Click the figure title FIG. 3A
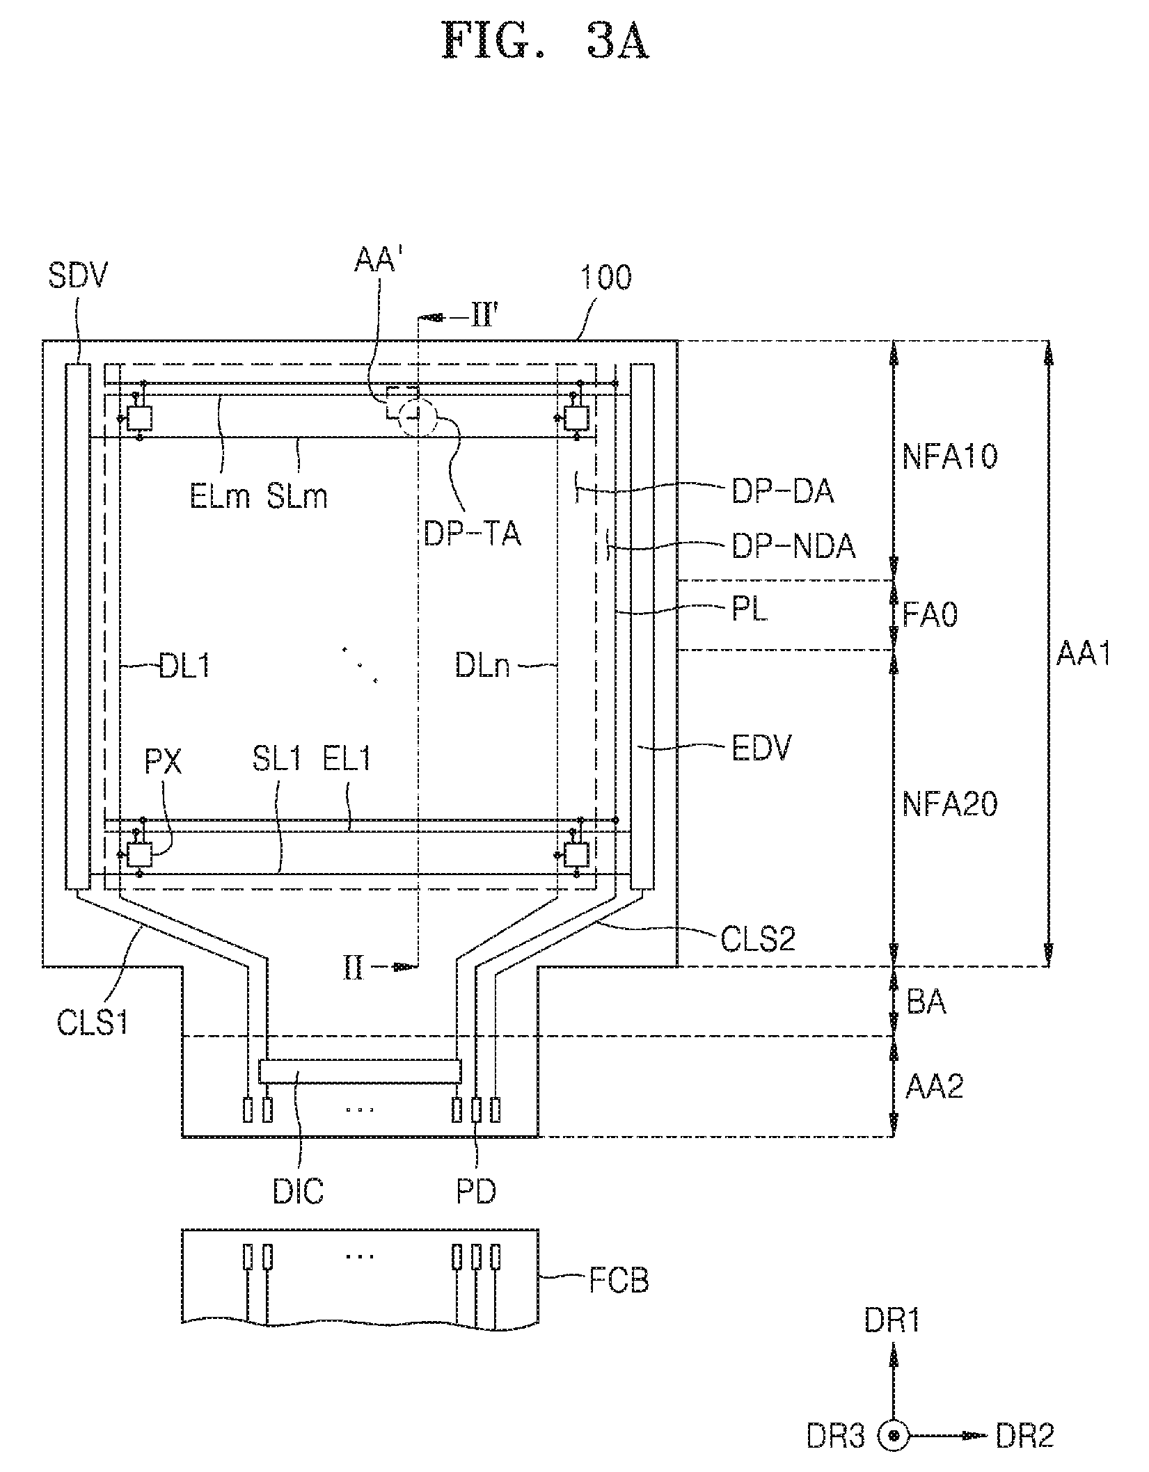[546, 42]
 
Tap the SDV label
[79, 276]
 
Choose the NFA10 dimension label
[950, 456]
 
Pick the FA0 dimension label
[930, 615]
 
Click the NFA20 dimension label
[950, 804]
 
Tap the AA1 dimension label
[1084, 653]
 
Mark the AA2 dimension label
[934, 1086]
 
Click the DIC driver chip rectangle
[359, 1071]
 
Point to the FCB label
[619, 1281]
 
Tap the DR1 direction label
[892, 1321]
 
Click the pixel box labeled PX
[140, 854]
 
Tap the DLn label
[482, 666]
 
